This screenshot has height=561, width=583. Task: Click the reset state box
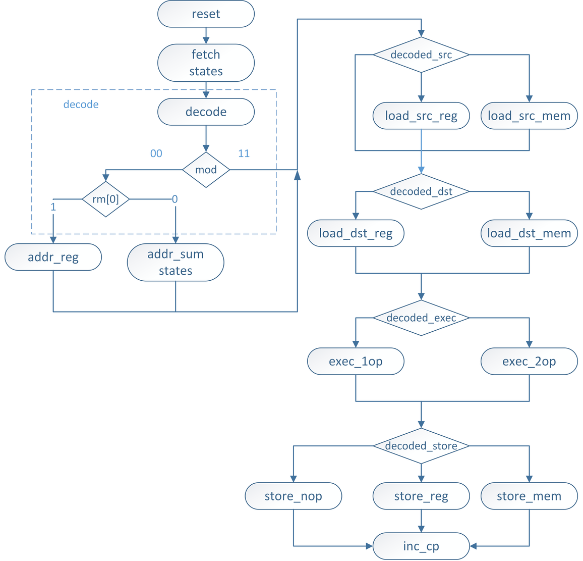pyautogui.click(x=206, y=14)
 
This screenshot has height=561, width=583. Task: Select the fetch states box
pyautogui.click(x=206, y=63)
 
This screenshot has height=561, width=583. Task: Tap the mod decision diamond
pyautogui.click(x=206, y=170)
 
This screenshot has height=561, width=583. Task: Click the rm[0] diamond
pyautogui.click(x=105, y=199)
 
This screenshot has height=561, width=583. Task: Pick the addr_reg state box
pyautogui.click(x=53, y=257)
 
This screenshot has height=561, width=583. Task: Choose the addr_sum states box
pyautogui.click(x=176, y=262)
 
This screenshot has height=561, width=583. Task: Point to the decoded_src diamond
pyautogui.click(x=421, y=55)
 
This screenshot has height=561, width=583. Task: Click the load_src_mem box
pyautogui.click(x=529, y=116)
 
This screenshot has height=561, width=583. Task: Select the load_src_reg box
pyautogui.click(x=421, y=116)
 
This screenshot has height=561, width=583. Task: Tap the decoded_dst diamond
pyautogui.click(x=421, y=191)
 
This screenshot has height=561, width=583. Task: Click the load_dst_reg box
pyautogui.click(x=356, y=233)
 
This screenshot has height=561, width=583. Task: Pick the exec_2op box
pyautogui.click(x=529, y=361)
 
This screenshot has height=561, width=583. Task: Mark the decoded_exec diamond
pyautogui.click(x=421, y=318)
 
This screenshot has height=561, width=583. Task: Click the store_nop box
pyautogui.click(x=293, y=496)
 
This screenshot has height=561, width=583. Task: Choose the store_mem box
pyautogui.click(x=529, y=496)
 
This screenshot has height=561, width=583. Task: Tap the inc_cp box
pyautogui.click(x=421, y=546)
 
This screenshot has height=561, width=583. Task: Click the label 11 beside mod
pyautogui.click(x=244, y=154)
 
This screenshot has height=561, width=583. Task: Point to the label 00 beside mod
pyautogui.click(x=156, y=154)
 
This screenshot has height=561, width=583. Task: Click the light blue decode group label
pyautogui.click(x=81, y=105)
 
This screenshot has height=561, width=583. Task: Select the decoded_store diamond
pyautogui.click(x=421, y=446)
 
